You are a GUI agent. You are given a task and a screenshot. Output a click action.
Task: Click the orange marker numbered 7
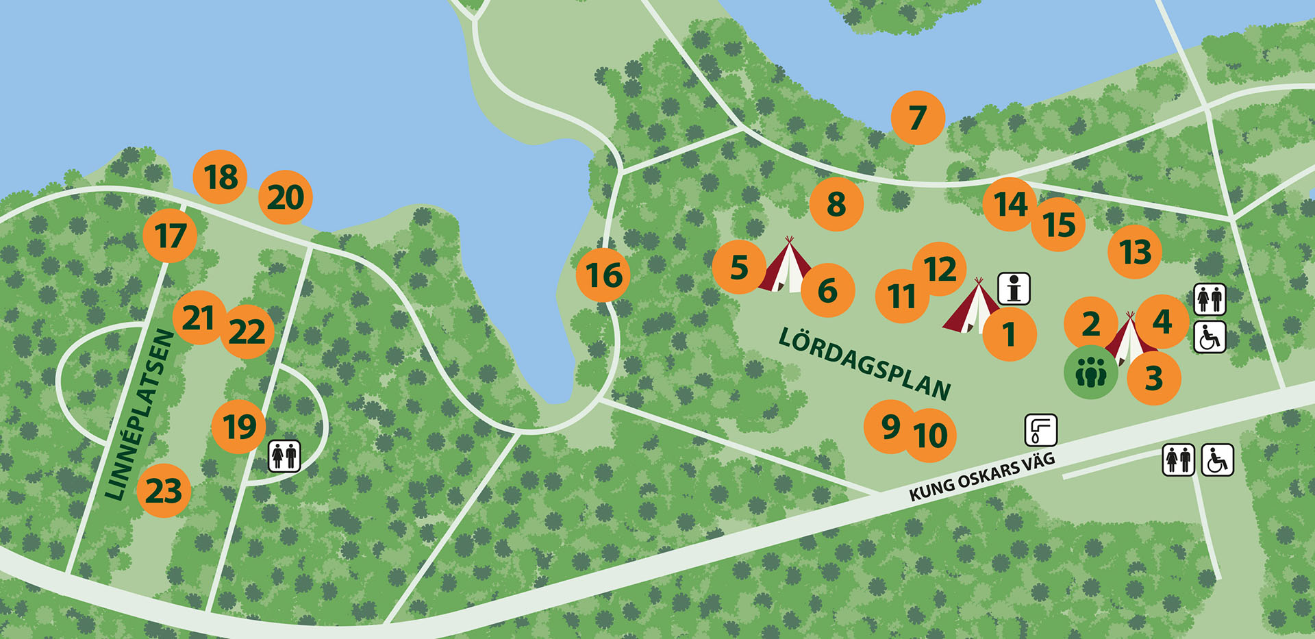tap(918, 118)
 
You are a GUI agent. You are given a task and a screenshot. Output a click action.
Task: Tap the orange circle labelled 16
tap(603, 275)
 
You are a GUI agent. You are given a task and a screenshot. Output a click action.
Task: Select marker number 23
tap(164, 490)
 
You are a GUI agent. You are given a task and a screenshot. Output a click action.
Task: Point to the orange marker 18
tap(220, 177)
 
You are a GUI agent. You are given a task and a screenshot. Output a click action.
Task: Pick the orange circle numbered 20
tap(286, 197)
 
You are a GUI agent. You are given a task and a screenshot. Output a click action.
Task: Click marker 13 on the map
tap(1135, 251)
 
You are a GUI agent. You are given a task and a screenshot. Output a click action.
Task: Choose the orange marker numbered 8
tap(836, 204)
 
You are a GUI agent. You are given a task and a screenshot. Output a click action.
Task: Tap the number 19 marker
tap(239, 427)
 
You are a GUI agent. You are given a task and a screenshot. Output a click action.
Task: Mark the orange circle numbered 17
tap(170, 236)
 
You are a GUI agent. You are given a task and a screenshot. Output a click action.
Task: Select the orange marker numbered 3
tap(1154, 378)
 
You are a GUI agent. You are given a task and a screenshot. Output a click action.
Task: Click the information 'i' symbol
tap(1014, 288)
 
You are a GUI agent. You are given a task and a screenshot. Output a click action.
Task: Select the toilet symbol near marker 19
tap(284, 455)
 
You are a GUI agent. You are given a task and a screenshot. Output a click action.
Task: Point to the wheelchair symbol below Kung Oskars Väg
tap(1217, 460)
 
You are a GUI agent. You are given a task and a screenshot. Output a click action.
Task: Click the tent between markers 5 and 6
tap(786, 267)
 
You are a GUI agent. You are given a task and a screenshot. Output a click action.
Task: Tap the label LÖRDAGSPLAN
tap(865, 363)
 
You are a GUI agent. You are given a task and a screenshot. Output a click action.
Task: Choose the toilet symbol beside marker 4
tap(1210, 299)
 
